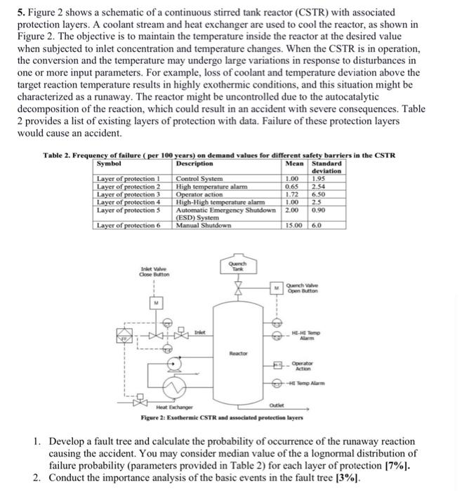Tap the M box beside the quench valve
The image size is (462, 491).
click(x=277, y=286)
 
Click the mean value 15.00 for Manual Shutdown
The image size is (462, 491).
click(x=294, y=224)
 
